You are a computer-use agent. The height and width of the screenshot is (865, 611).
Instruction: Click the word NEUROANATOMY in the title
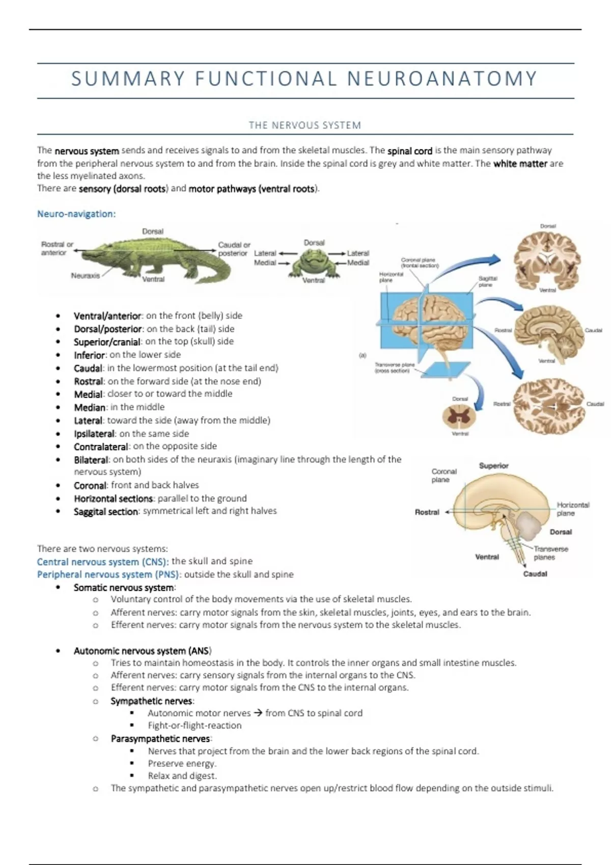(x=442, y=79)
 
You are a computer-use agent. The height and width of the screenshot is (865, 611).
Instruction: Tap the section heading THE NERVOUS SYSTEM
(x=304, y=125)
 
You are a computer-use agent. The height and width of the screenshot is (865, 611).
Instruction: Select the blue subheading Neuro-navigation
(x=76, y=214)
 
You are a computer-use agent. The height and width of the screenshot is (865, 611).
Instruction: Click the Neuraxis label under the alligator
(x=85, y=276)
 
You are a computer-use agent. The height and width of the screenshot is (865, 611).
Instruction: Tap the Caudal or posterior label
(x=234, y=249)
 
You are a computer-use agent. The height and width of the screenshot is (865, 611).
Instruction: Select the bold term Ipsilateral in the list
(x=94, y=434)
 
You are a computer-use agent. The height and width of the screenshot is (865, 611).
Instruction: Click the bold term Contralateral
(x=101, y=447)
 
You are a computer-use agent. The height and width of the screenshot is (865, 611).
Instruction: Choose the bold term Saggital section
(x=106, y=511)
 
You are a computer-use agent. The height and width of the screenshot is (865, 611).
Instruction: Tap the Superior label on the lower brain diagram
(x=493, y=466)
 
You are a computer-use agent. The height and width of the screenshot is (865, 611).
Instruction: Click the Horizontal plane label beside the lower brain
(x=573, y=509)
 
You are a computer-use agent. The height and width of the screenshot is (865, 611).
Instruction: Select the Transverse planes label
(x=550, y=553)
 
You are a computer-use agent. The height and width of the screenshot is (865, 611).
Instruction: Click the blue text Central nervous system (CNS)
(x=103, y=562)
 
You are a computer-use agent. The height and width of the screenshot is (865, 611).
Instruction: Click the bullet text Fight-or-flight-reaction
(x=195, y=726)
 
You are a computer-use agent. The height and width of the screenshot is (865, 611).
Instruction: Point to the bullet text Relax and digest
(x=182, y=776)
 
